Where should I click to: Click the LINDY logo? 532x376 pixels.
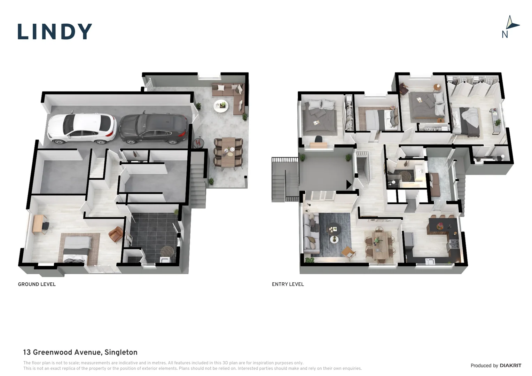(x=55, y=31)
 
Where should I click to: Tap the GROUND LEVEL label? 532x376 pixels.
(x=37, y=284)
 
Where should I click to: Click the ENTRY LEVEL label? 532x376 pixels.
(x=288, y=284)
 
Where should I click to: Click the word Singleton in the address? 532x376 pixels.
(x=121, y=352)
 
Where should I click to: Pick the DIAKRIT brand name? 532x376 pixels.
(x=510, y=365)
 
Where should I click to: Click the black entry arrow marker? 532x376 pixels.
(x=349, y=185)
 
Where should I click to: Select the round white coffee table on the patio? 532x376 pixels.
(x=221, y=106)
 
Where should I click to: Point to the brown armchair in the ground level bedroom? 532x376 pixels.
(x=116, y=234)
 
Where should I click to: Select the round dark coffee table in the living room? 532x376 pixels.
(x=334, y=229)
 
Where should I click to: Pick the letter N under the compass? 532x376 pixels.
(x=505, y=35)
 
